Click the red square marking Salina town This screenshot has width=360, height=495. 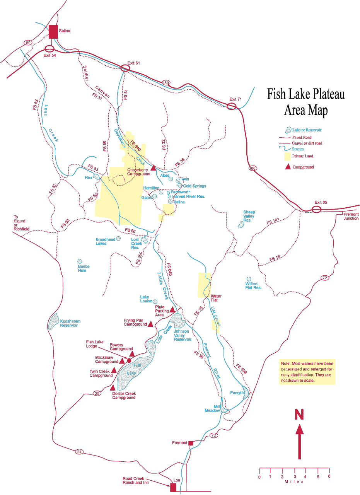pos(53,32)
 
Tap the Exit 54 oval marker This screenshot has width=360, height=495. pos(49,49)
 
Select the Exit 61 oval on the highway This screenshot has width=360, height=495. pos(125,68)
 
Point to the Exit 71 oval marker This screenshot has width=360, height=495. pos(232,106)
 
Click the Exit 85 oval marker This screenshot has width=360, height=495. pos(316,210)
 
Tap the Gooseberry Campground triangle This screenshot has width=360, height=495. pos(153,167)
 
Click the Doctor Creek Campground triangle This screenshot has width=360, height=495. pos(113,387)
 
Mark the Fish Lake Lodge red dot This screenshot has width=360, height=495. pos(129,361)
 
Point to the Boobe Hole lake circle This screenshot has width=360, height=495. pos(80,261)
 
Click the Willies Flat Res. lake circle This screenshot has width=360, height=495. pos(249,279)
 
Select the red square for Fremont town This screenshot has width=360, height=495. pos(190,443)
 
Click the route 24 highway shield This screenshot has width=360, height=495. pos(79,451)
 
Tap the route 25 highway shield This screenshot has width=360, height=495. pos(97,393)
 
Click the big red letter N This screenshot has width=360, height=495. pos(299,415)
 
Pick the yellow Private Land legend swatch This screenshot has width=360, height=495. pos(287,156)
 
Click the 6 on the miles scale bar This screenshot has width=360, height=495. pos(329,477)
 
